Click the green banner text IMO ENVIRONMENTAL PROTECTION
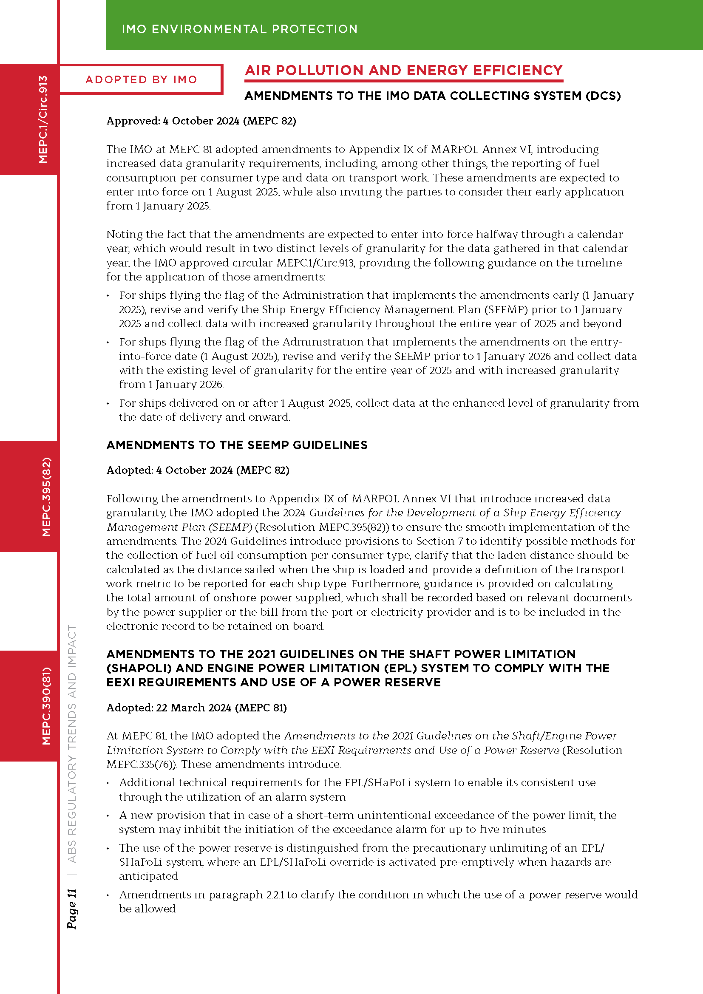click(239, 29)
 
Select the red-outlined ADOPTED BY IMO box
click(141, 79)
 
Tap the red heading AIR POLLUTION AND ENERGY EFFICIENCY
click(403, 71)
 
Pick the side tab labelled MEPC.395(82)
click(46, 496)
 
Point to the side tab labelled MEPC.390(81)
click(46, 706)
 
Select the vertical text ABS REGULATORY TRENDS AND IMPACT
click(72, 744)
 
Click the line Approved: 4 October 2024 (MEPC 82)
click(201, 121)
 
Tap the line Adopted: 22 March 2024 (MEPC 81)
click(196, 708)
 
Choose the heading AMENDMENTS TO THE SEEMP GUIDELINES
click(237, 445)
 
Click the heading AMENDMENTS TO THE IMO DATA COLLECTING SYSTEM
click(432, 96)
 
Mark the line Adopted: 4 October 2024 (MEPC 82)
click(198, 470)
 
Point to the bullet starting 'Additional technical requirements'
click(357, 789)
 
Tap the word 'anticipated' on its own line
click(148, 876)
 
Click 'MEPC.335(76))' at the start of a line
click(142, 764)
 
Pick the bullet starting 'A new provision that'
click(367, 822)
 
